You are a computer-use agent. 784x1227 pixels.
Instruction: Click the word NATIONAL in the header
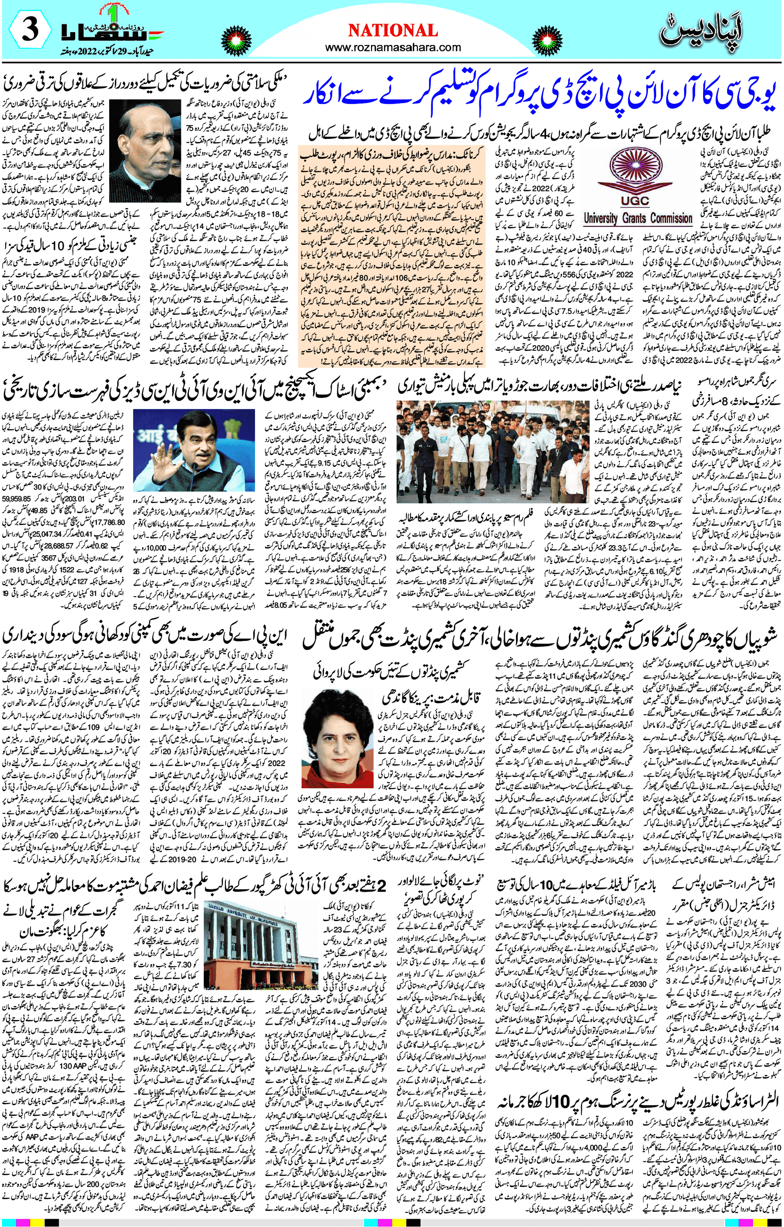[392, 31]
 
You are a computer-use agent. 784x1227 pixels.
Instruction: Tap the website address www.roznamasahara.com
[392, 47]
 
